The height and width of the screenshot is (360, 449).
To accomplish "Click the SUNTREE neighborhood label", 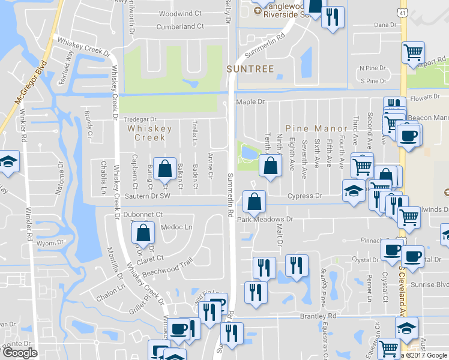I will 250,69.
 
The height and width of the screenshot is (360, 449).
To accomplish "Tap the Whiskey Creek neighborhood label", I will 149,133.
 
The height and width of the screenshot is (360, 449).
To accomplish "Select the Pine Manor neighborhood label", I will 316,128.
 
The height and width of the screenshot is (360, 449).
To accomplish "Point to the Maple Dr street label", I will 250,102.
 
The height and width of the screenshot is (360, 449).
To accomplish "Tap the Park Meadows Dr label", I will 265,219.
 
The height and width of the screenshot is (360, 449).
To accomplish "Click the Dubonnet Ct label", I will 143,214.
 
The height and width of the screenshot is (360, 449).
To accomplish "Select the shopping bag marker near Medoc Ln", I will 143,233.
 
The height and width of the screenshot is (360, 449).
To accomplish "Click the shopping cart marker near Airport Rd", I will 413,53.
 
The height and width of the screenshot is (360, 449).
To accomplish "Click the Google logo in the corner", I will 20,353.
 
